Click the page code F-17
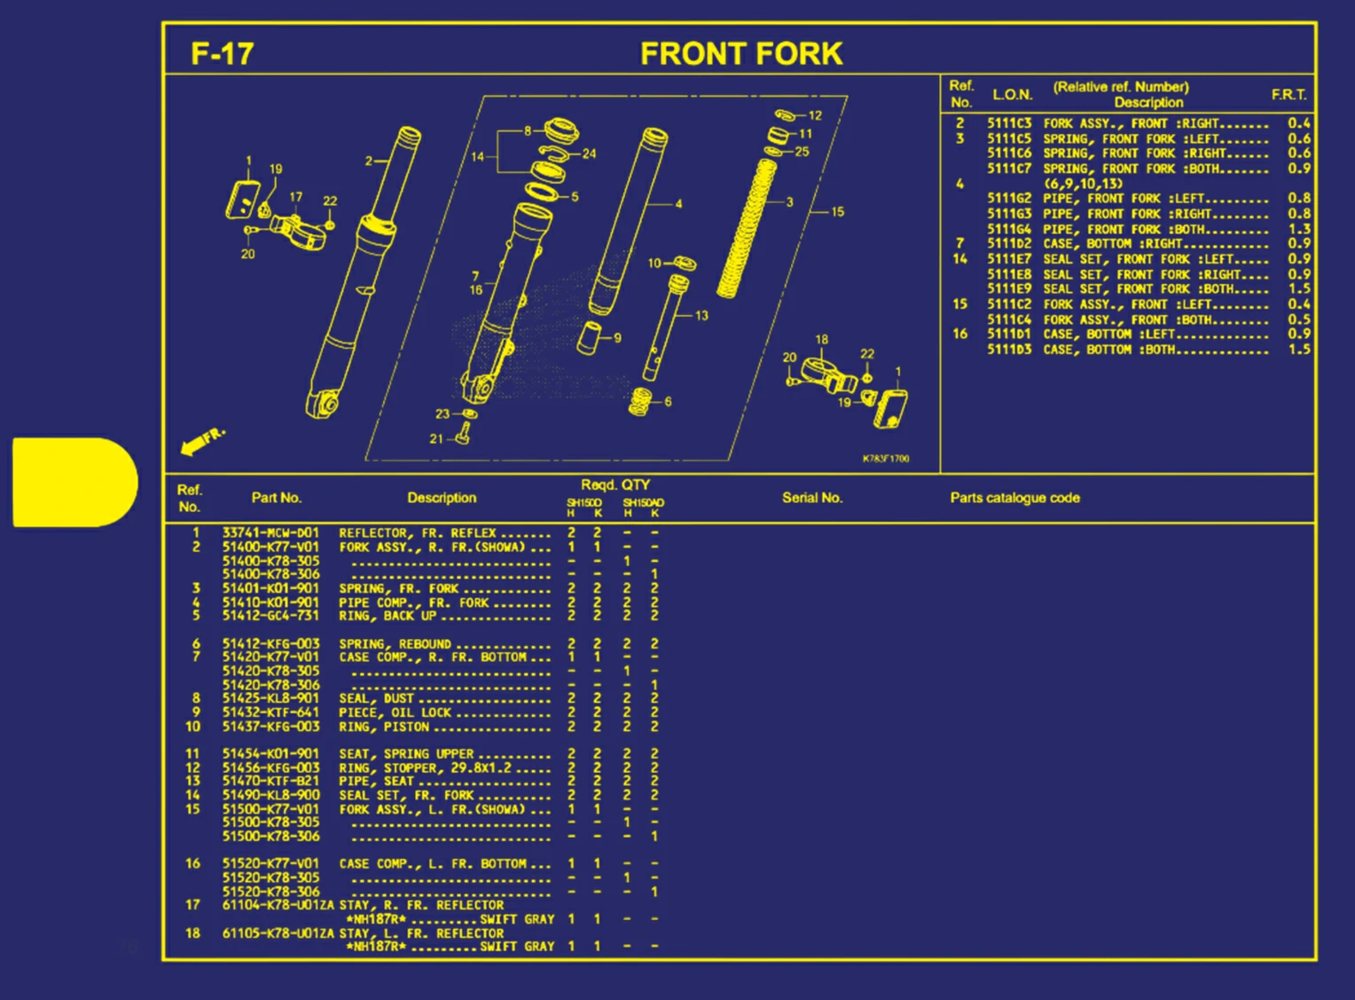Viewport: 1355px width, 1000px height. coord(222,54)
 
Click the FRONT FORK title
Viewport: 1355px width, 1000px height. coord(740,54)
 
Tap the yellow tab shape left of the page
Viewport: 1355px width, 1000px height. coord(74,482)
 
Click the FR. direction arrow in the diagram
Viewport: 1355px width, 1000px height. coord(202,441)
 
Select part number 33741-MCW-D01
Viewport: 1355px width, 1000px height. coord(270,533)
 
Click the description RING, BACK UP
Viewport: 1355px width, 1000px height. coord(388,616)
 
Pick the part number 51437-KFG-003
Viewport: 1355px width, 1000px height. coord(270,727)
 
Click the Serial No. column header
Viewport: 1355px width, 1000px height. coord(811,498)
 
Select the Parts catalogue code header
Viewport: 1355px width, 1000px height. coord(1014,498)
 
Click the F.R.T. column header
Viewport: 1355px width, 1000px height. coord(1288,95)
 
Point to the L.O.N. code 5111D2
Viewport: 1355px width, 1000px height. coord(1009,243)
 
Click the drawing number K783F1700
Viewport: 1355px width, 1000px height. coord(885,459)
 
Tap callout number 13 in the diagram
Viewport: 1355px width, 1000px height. coord(701,315)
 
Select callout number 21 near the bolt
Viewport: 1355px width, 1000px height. coord(436,438)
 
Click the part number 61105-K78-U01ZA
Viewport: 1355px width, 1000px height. coord(278,933)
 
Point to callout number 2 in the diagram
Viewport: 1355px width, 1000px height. coord(369,161)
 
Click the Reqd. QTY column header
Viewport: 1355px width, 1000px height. coord(615,484)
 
